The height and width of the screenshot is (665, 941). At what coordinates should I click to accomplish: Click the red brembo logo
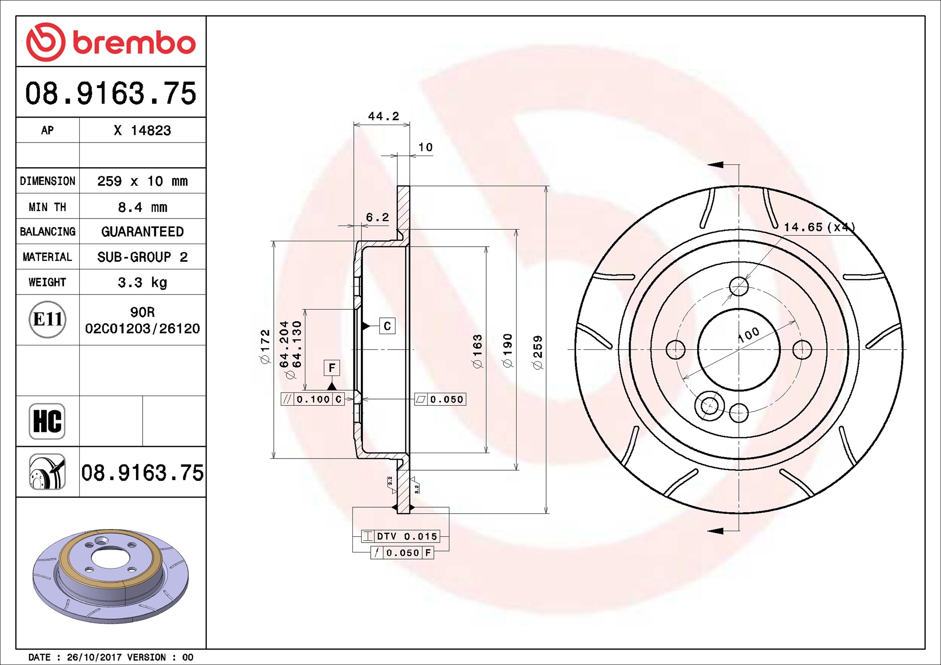110,42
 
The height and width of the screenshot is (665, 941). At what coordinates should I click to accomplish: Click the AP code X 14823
142,130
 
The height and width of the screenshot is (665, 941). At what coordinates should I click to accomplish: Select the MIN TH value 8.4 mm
142,207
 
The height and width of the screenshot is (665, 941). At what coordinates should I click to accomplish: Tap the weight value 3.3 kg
142,282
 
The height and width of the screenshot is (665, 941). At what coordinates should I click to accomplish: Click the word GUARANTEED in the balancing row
142,231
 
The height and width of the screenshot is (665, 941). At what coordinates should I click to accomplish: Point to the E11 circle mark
47,319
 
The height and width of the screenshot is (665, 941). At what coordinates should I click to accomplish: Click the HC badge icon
47,421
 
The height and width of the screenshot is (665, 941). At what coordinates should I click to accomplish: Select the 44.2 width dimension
383,116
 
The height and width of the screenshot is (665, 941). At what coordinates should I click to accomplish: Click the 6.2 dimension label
377,218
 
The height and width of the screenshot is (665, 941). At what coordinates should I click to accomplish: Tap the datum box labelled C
387,326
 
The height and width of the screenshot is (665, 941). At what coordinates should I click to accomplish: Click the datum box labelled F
332,368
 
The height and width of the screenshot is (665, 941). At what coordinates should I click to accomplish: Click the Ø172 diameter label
265,346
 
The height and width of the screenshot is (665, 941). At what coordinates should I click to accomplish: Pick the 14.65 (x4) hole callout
819,227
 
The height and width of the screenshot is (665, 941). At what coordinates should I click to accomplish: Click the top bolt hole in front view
738,286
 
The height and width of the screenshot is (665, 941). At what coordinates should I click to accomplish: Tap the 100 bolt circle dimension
749,334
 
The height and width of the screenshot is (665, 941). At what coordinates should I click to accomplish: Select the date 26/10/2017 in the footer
94,657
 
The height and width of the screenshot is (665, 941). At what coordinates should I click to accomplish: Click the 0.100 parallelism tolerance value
313,399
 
